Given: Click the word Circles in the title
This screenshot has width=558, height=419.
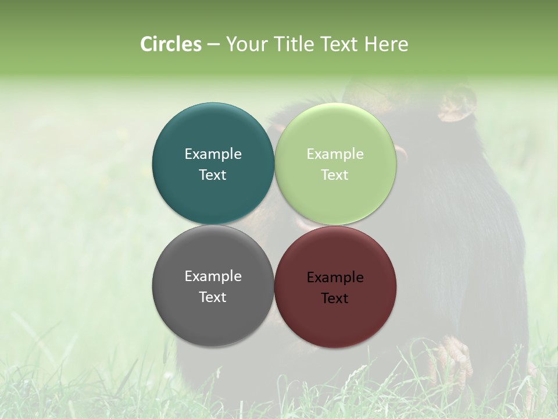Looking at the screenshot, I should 170,44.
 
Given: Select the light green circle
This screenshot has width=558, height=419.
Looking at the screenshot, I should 335,198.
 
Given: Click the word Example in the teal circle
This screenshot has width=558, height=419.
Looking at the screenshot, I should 213,154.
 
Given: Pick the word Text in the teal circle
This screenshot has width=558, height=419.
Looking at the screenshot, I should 213,175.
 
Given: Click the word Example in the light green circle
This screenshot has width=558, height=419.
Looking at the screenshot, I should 335,154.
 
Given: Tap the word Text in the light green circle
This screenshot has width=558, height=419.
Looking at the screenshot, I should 335,175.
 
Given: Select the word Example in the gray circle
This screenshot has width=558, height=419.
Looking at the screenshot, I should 213,276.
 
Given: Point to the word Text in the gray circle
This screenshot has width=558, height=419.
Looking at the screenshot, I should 213,297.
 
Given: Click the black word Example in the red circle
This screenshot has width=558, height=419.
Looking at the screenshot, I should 335,278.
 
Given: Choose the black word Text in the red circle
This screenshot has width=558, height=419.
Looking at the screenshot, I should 335,299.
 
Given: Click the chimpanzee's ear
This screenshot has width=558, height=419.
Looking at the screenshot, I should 457,105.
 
